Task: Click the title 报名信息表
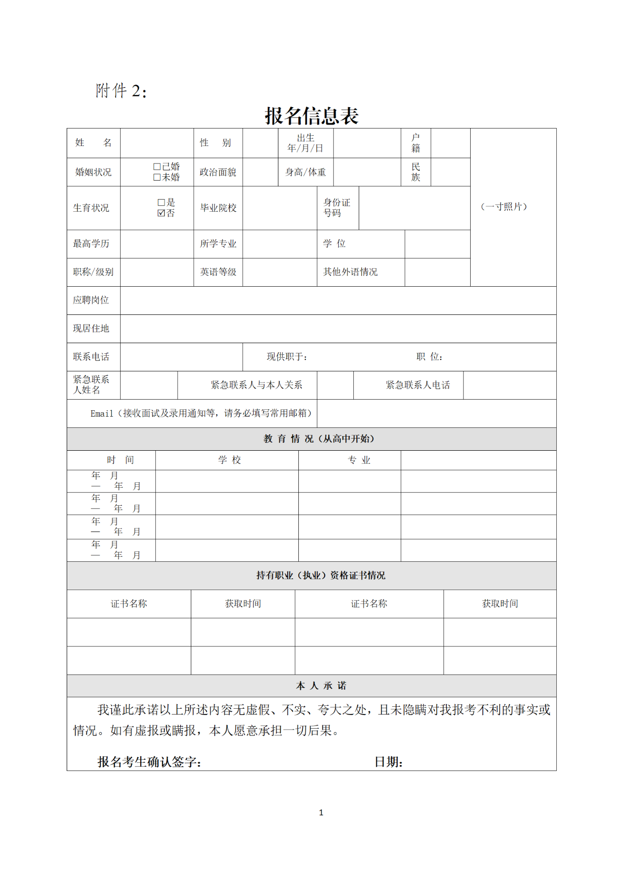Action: tap(311, 116)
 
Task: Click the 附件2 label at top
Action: tap(121, 91)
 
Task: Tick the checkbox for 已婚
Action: tap(157, 167)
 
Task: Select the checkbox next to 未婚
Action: tap(157, 177)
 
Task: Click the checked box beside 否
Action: tap(162, 213)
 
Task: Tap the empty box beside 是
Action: tap(162, 202)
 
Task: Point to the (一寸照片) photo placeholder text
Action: tap(504, 207)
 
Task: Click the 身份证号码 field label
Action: tap(337, 208)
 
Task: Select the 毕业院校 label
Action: tap(218, 208)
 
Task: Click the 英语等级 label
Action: tap(218, 272)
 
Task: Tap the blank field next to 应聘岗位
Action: tap(338, 300)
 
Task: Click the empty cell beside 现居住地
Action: tap(338, 329)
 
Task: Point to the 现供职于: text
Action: tap(287, 357)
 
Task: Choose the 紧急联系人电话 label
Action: tap(418, 385)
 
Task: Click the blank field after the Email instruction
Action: tap(436, 413)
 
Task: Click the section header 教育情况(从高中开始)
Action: tap(319, 439)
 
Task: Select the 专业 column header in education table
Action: tap(359, 460)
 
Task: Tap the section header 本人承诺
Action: tap(321, 685)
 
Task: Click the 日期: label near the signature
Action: tap(388, 762)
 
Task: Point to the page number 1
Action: tap(321, 812)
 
